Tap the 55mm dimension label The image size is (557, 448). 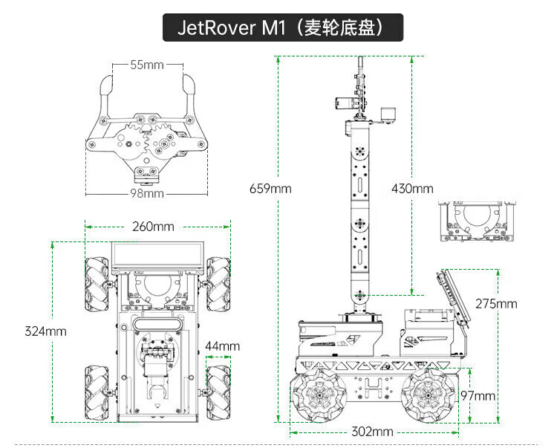click(146, 65)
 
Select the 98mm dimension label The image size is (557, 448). click(146, 194)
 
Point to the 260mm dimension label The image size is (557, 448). click(153, 226)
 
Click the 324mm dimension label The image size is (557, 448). click(45, 331)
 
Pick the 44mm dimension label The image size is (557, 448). click(222, 346)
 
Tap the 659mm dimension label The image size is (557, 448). click(270, 188)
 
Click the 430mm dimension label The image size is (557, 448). click(412, 188)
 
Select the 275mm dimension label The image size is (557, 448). click(496, 303)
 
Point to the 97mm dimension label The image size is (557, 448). click(478, 396)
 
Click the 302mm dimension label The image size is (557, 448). click(372, 432)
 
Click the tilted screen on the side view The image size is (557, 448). click(455, 297)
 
